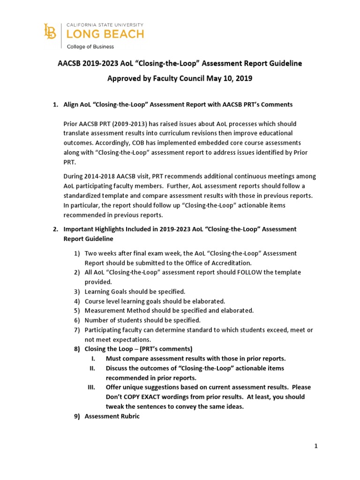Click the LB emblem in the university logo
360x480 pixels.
point(49,32)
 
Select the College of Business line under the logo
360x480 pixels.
point(90,46)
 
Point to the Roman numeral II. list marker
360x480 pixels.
point(92,368)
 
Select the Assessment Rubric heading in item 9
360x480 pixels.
point(112,416)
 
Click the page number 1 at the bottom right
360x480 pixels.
point(316,446)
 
